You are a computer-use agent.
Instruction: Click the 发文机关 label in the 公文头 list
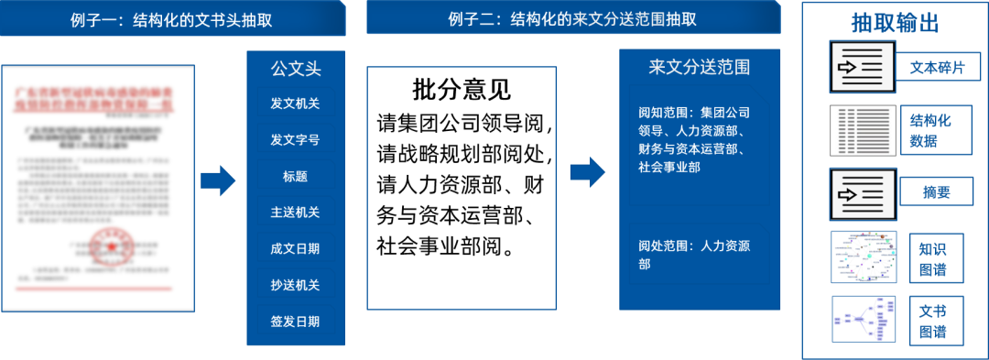point(295,104)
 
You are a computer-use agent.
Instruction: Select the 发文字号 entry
point(295,140)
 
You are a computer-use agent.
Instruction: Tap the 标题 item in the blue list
point(295,176)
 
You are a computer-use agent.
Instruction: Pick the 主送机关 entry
point(295,213)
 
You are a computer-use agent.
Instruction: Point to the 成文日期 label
point(295,248)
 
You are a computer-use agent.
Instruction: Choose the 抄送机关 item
point(295,285)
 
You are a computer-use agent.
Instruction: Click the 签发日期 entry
point(295,322)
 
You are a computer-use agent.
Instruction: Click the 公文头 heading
point(295,69)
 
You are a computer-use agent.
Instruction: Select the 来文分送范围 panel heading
point(699,69)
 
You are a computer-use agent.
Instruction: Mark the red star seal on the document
point(112,247)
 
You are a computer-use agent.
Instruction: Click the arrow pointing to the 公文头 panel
point(218,180)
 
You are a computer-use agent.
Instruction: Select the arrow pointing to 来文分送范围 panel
point(587,170)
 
